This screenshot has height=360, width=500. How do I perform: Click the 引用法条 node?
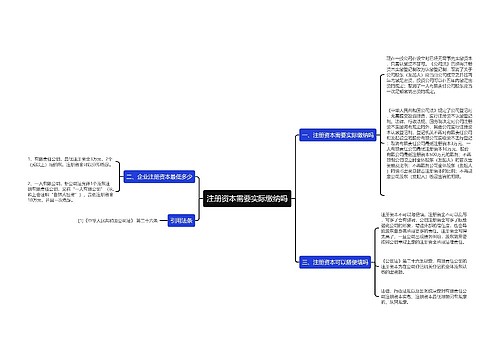181,249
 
